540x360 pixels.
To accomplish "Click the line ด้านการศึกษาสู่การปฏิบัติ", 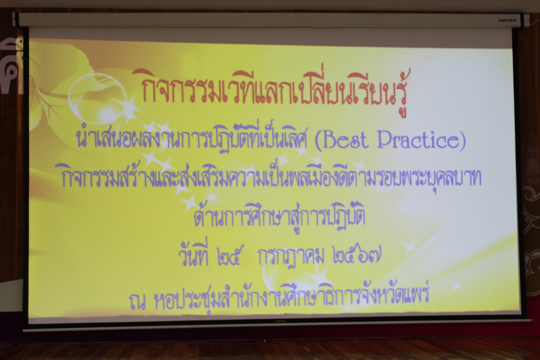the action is (279, 217).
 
